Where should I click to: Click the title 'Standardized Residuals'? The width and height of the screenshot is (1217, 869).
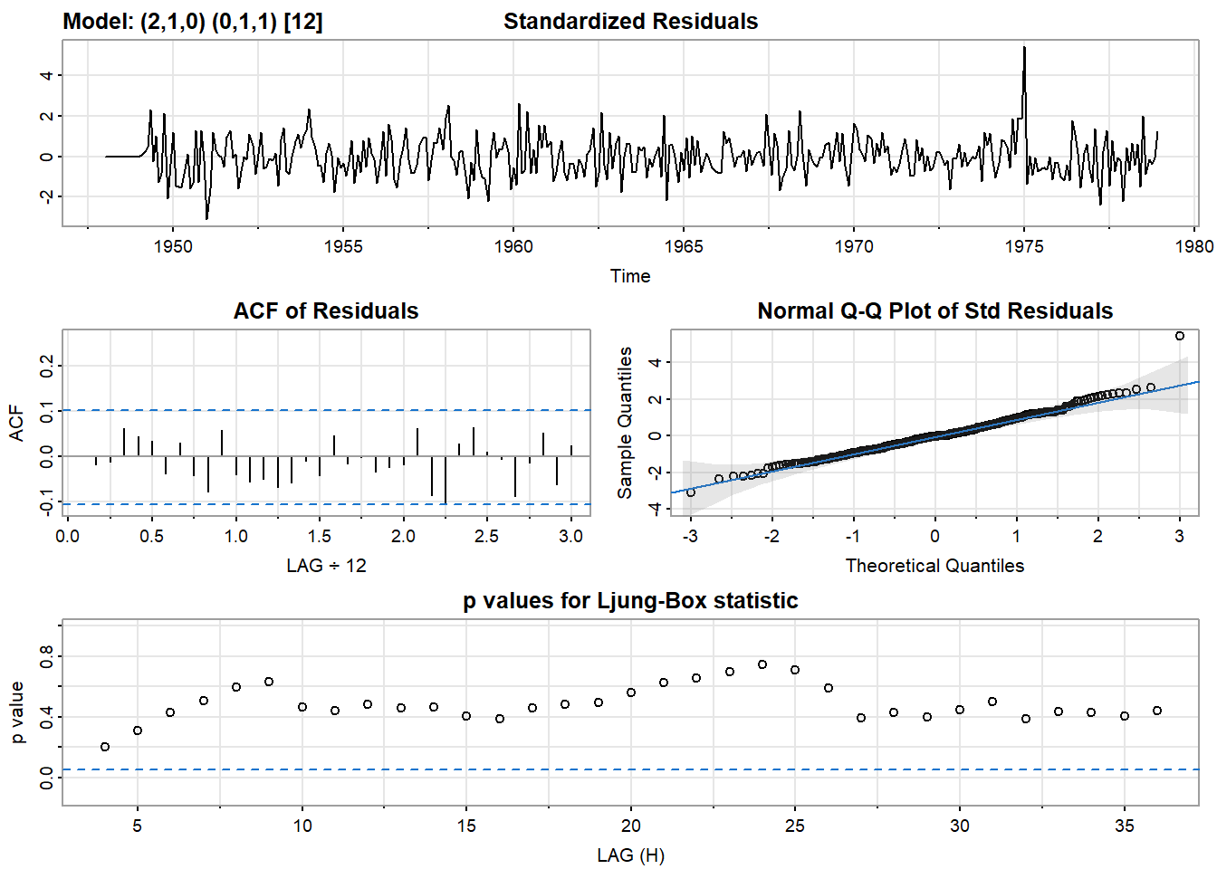[x=630, y=22]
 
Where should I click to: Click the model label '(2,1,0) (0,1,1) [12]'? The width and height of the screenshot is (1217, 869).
[x=231, y=22]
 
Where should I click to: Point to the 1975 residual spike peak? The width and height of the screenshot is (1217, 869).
[x=1024, y=48]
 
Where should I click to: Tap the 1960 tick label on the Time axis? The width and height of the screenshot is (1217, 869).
[x=513, y=246]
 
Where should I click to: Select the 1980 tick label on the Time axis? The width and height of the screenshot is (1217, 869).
[x=1194, y=246]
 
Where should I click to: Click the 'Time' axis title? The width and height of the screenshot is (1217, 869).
[x=630, y=276]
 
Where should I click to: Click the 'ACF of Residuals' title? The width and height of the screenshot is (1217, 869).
[x=326, y=311]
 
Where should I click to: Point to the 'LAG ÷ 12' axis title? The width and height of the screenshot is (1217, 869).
[x=326, y=566]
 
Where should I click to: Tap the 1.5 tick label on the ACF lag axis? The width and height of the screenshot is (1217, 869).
[x=320, y=536]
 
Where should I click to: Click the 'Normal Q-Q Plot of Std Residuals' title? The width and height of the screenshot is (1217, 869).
[x=934, y=311]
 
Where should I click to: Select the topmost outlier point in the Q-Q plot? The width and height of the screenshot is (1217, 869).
[x=1179, y=336]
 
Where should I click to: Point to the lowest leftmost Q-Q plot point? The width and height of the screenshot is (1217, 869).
[x=691, y=492]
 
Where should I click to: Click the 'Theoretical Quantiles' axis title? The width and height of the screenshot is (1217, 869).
[x=934, y=566]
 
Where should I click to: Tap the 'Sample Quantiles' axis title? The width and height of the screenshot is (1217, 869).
[x=625, y=423]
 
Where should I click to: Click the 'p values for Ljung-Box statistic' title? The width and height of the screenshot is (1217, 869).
[x=630, y=601]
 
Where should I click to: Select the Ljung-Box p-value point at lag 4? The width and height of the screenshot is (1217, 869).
[x=105, y=747]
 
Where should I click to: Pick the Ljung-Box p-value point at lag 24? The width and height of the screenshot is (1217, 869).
[x=762, y=664]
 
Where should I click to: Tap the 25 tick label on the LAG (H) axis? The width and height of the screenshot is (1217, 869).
[x=795, y=826]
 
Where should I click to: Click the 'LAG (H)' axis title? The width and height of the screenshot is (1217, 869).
[x=630, y=855]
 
